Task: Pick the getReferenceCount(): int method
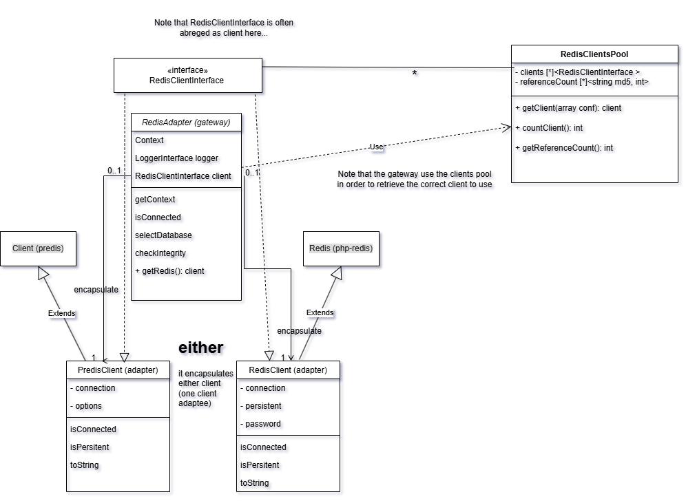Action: (x=564, y=148)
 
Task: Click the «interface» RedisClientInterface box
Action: (x=187, y=75)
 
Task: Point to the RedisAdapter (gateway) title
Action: (x=186, y=122)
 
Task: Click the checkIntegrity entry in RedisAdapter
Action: (x=160, y=253)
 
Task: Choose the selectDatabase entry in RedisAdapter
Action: (x=163, y=235)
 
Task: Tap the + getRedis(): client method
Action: (x=169, y=271)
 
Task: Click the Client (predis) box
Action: (x=38, y=248)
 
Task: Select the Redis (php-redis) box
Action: (x=341, y=248)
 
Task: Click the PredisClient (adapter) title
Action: (x=118, y=370)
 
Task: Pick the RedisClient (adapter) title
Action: (x=288, y=370)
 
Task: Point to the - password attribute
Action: (x=260, y=424)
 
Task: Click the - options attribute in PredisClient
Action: (x=86, y=406)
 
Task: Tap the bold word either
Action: (x=200, y=348)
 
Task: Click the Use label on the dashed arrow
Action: (x=376, y=147)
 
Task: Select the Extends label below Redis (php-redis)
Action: (x=320, y=312)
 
